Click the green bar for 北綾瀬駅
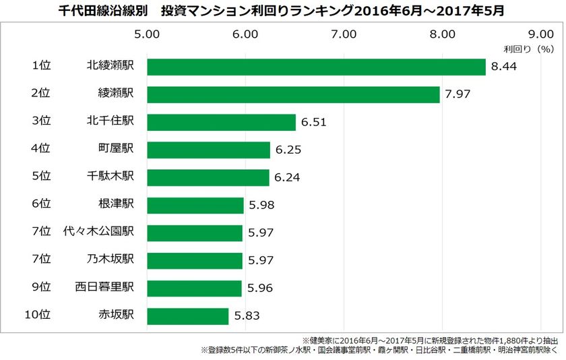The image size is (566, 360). coord(316,67)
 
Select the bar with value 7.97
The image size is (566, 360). coord(293,94)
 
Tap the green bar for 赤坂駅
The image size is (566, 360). coord(188,316)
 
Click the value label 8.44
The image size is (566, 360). coord(504,67)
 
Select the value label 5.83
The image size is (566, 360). coord(247,316)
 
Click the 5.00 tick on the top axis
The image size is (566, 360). coord(147,33)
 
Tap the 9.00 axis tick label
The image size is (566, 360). coord(540,33)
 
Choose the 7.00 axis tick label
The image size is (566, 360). coord(344,33)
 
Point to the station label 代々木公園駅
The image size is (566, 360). coord(98,232)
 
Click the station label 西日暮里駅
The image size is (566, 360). coord(104,287)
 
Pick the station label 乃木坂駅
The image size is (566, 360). coord(111,260)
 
